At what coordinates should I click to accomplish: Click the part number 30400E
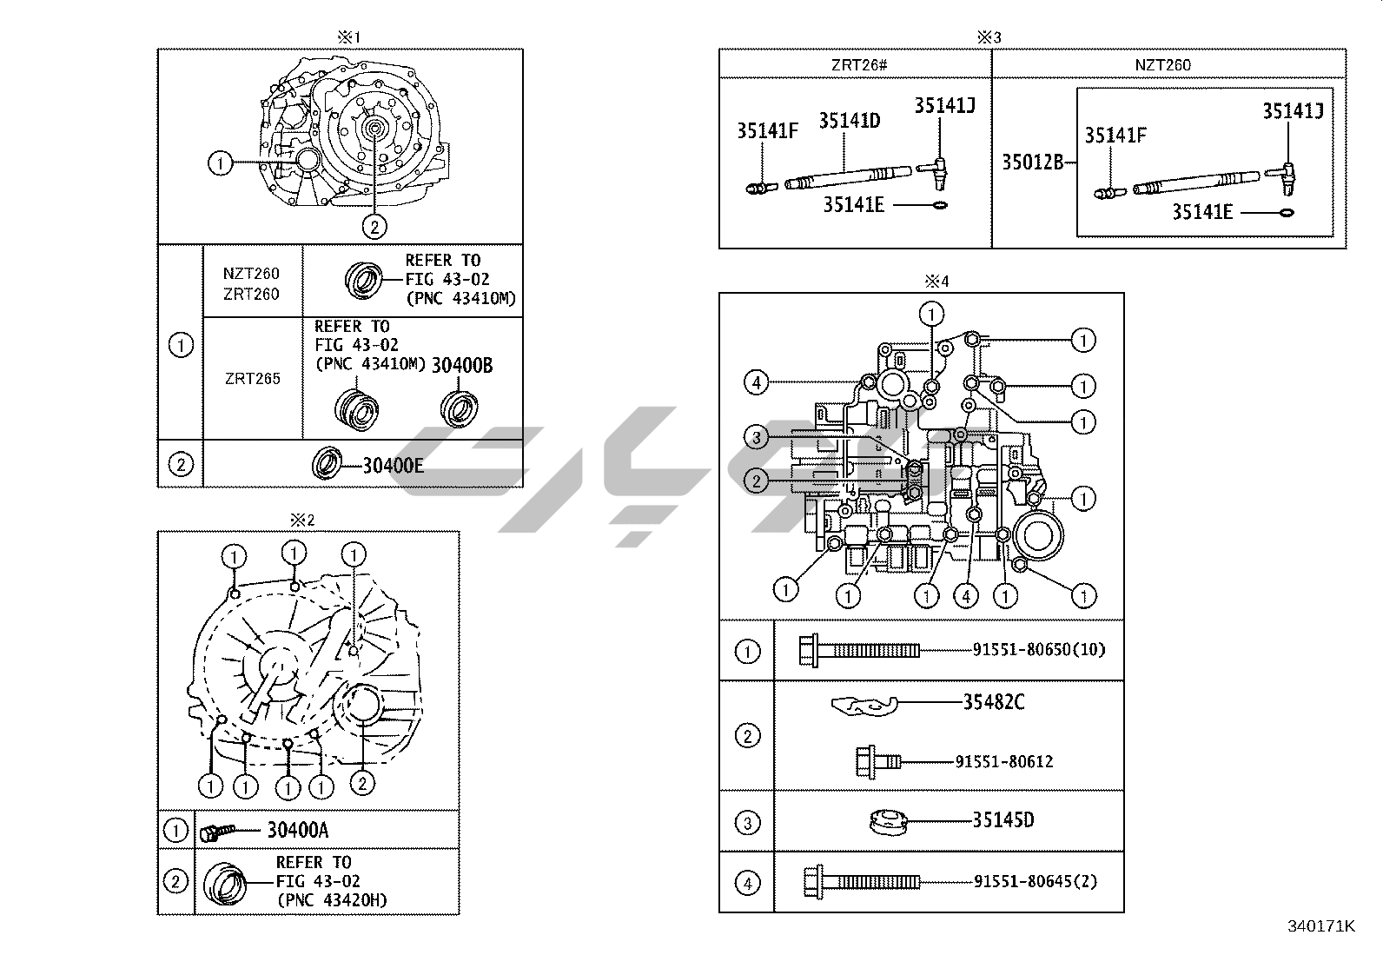[393, 465]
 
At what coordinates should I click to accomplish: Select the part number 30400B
[462, 365]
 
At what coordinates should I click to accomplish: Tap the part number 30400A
[297, 830]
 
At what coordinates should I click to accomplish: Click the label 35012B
[1032, 162]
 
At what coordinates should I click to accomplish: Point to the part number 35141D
[849, 121]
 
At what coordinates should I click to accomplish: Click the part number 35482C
[993, 702]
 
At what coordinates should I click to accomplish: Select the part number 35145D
[1003, 820]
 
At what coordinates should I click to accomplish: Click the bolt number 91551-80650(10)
[1039, 649]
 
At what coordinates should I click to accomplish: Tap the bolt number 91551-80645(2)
[1035, 881]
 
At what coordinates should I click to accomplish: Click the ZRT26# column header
[855, 65]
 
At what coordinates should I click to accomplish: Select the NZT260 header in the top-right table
[1162, 65]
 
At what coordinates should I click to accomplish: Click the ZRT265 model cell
[252, 379]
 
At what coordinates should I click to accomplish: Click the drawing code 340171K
[1320, 926]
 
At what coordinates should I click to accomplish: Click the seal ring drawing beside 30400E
[327, 463]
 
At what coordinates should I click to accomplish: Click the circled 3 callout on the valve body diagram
[757, 438]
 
